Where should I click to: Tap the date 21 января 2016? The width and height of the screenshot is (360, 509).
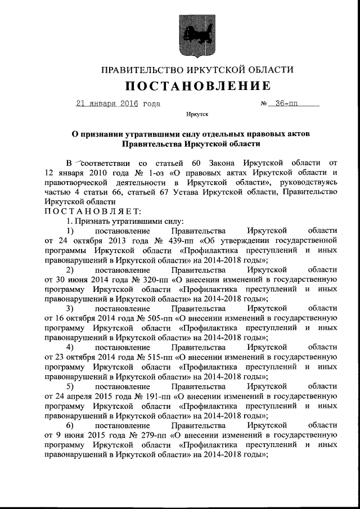107,103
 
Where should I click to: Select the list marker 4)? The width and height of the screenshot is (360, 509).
70,348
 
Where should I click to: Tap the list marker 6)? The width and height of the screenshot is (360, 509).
70,426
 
